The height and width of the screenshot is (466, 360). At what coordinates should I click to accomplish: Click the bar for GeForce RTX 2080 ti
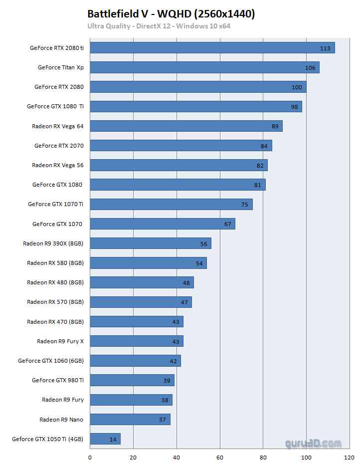(x=212, y=48)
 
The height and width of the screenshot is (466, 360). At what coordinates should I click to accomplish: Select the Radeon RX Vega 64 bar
(x=186, y=126)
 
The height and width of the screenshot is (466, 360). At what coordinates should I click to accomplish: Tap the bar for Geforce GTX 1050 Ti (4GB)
(x=105, y=439)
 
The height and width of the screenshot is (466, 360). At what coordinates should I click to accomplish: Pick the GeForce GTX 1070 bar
(x=162, y=224)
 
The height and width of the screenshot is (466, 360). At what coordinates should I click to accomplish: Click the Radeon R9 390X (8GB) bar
(x=151, y=243)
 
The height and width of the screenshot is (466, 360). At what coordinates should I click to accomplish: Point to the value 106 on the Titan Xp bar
(x=310, y=68)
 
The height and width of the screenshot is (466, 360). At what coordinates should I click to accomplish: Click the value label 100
(x=297, y=87)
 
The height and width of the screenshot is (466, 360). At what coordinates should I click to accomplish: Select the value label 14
(x=113, y=440)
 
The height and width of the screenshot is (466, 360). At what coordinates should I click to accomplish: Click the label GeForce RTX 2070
(x=59, y=146)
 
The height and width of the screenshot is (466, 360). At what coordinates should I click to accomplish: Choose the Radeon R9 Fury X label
(x=60, y=341)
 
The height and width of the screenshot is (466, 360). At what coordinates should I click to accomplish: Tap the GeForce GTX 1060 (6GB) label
(x=50, y=361)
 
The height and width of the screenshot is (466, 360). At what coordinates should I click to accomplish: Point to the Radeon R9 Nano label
(x=61, y=420)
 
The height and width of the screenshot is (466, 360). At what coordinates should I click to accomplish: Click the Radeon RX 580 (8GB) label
(x=55, y=263)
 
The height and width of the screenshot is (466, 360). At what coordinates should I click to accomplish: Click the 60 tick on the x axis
(x=220, y=457)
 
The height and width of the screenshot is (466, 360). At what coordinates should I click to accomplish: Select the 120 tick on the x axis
(x=350, y=457)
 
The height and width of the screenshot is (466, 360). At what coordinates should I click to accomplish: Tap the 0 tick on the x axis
(x=90, y=457)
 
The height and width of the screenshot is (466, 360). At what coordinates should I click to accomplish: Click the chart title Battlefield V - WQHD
(x=171, y=14)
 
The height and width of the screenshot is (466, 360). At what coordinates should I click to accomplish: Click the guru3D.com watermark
(x=314, y=443)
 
